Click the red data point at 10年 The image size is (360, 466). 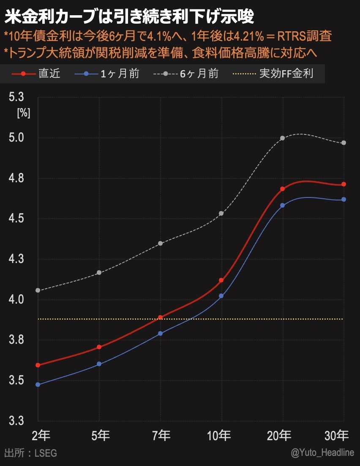[x=221, y=280]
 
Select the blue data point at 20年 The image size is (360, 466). [x=282, y=206]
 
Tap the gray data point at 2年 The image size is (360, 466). [x=38, y=290]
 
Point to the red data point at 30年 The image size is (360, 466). [x=344, y=184]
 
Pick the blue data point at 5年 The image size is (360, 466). [x=99, y=364]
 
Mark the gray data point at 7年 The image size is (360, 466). [x=160, y=243]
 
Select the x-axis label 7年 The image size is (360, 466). [x=161, y=435]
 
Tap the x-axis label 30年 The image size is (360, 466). [x=337, y=435]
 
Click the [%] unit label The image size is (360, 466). [x=23, y=114]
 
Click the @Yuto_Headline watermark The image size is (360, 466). [x=322, y=452]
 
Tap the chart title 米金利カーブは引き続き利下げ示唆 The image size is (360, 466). [x=129, y=18]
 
